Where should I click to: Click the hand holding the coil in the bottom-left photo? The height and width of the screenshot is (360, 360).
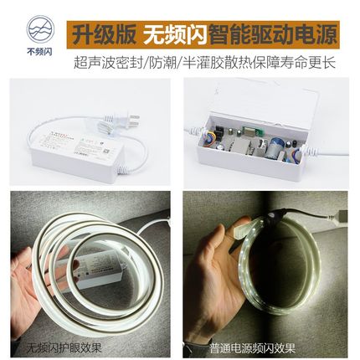coord(29,285)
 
